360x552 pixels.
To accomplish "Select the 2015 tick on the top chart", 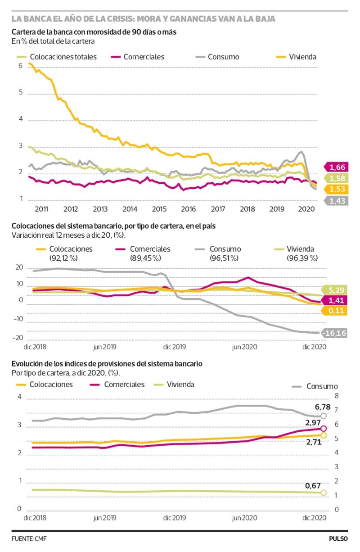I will [158, 209].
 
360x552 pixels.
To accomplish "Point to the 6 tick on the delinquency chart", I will [20, 66].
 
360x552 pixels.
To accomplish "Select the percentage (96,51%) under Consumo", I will [225, 258].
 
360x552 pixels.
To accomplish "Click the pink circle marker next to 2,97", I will [324, 429].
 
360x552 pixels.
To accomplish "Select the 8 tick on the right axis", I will [337, 396].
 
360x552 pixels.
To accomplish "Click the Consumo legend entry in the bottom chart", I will [322, 386].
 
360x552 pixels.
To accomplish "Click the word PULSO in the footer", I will [338, 538].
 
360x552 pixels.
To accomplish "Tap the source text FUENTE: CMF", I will [29, 538].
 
